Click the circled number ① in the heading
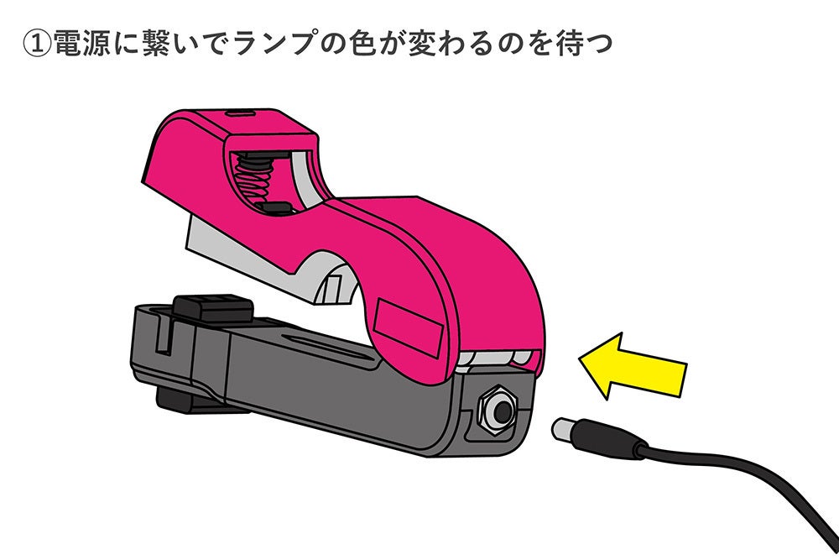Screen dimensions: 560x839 [x=37, y=44]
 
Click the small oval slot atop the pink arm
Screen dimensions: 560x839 [x=242, y=111]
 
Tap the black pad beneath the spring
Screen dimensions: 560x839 [x=274, y=207]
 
